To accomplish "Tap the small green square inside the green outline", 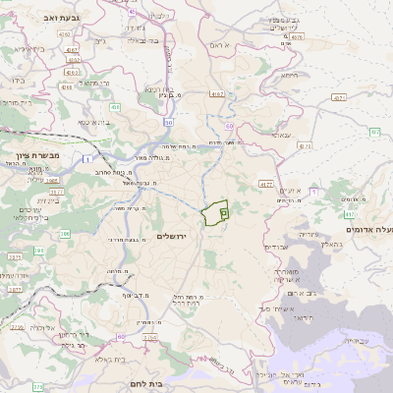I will pyautogui.click(x=223, y=210).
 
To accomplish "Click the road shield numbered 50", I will pyautogui.click(x=169, y=122).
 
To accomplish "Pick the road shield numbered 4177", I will pyautogui.click(x=265, y=183).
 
